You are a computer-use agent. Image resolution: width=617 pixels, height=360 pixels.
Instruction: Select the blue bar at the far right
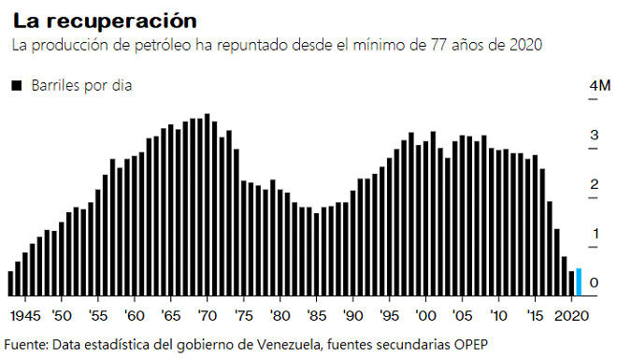[x=579, y=281]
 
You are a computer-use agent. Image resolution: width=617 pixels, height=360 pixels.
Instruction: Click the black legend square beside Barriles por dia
[x=16, y=86]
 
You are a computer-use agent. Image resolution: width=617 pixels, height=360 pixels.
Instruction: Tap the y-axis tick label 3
[x=593, y=137]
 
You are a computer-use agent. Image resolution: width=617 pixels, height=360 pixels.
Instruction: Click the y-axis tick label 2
[x=593, y=185]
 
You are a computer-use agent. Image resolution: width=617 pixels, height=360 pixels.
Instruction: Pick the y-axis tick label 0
[x=593, y=282]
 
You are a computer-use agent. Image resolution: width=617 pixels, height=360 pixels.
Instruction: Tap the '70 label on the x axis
[x=207, y=314]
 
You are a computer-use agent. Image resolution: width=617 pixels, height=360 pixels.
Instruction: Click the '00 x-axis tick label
[x=425, y=314]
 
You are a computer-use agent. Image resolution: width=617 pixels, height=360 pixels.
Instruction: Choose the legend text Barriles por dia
[x=82, y=86]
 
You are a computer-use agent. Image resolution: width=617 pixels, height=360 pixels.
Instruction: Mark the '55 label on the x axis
[x=97, y=314]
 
